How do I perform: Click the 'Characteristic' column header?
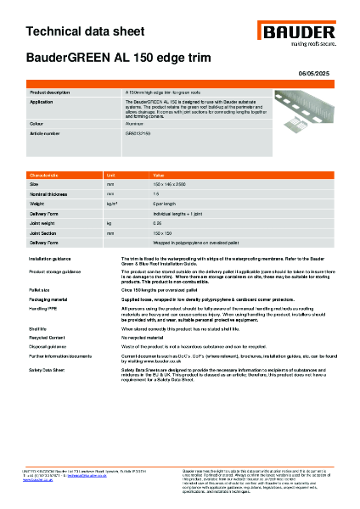(x=45, y=173)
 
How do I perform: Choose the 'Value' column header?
(x=157, y=173)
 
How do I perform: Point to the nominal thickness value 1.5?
(x=155, y=193)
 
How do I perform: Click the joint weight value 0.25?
(x=157, y=223)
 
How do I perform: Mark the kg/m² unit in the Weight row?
(x=111, y=204)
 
